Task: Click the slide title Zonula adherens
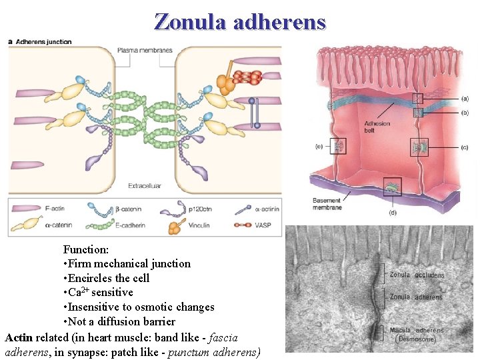(x=240, y=22)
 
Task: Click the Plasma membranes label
(x=145, y=50)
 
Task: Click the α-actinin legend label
(x=265, y=209)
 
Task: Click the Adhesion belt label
(x=377, y=127)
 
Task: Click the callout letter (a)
(x=445, y=99)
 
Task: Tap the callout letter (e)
(x=320, y=146)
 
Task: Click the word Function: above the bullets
(x=86, y=249)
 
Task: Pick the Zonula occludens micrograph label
(x=417, y=275)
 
